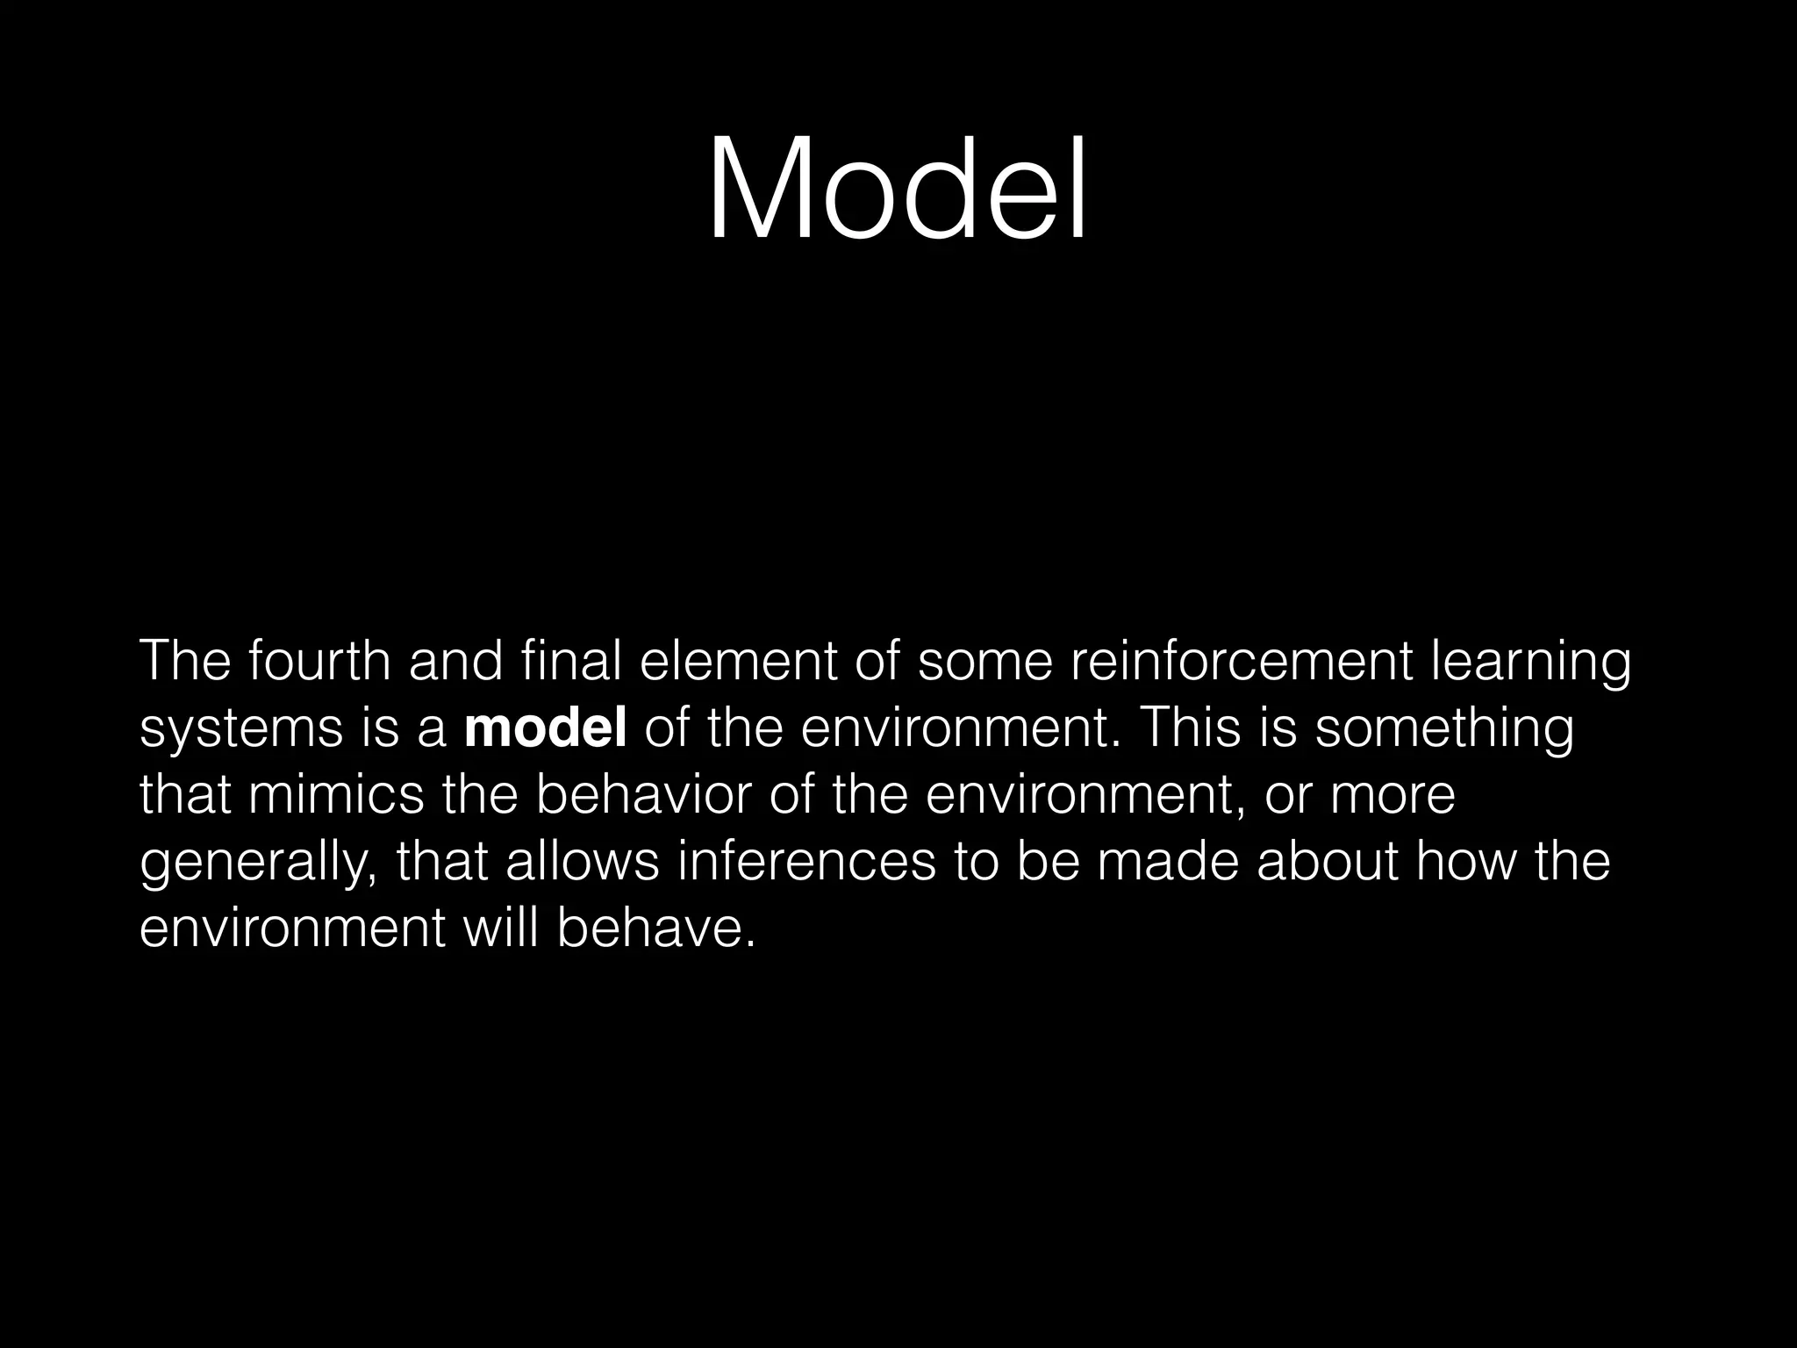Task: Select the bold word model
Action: pyautogui.click(x=545, y=728)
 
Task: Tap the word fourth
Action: pyautogui.click(x=319, y=662)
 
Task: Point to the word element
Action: pyautogui.click(x=738, y=662)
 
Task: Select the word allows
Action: pyautogui.click(x=582, y=862)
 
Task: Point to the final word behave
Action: pyautogui.click(x=655, y=929)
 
